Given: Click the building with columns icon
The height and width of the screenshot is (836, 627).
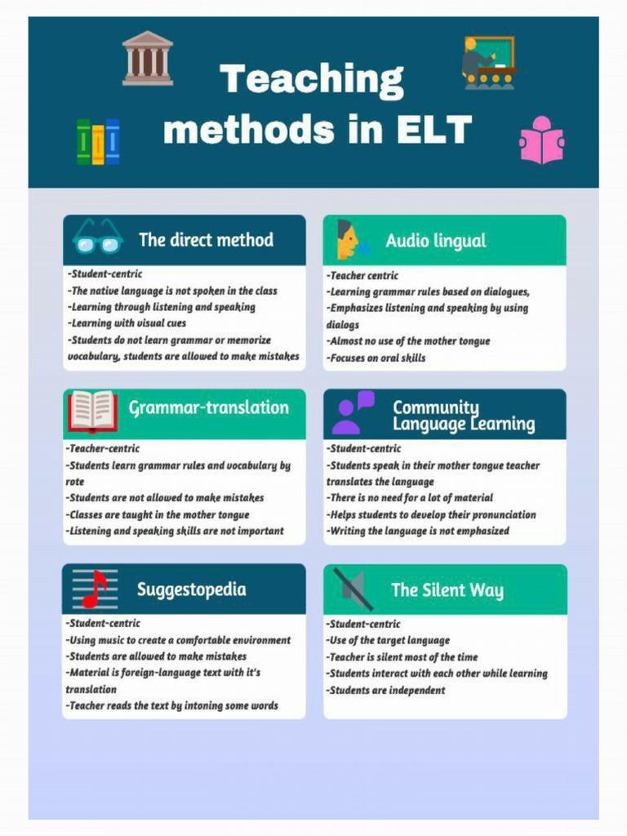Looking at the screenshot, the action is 148,58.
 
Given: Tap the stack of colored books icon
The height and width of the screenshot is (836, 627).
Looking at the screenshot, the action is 98,142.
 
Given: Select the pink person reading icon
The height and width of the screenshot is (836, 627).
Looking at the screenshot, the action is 541,140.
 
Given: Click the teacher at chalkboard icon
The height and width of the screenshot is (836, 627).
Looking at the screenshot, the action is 488,62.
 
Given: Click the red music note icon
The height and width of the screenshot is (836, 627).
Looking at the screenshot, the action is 93,589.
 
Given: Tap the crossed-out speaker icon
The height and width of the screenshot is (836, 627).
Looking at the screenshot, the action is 353,589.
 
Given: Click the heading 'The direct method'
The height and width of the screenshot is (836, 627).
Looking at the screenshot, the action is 206,240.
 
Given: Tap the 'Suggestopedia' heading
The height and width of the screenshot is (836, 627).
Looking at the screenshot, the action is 191,589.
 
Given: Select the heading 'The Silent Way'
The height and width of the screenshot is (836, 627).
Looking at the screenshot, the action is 447,590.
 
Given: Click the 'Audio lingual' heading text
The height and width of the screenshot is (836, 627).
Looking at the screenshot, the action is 435,241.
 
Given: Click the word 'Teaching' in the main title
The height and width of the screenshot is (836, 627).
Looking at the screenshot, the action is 311,80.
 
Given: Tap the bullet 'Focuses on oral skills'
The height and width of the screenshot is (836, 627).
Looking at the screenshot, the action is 376,358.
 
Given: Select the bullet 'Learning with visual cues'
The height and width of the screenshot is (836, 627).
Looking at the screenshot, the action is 127,323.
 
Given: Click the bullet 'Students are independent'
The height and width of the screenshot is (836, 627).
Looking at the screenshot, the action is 386,690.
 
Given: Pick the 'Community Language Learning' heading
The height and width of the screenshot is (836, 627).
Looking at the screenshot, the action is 463,416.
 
